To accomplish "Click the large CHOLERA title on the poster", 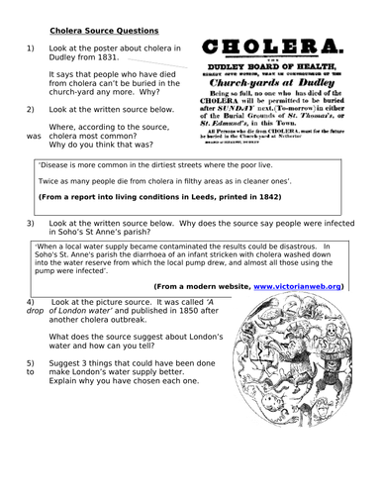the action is (x=279, y=48).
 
